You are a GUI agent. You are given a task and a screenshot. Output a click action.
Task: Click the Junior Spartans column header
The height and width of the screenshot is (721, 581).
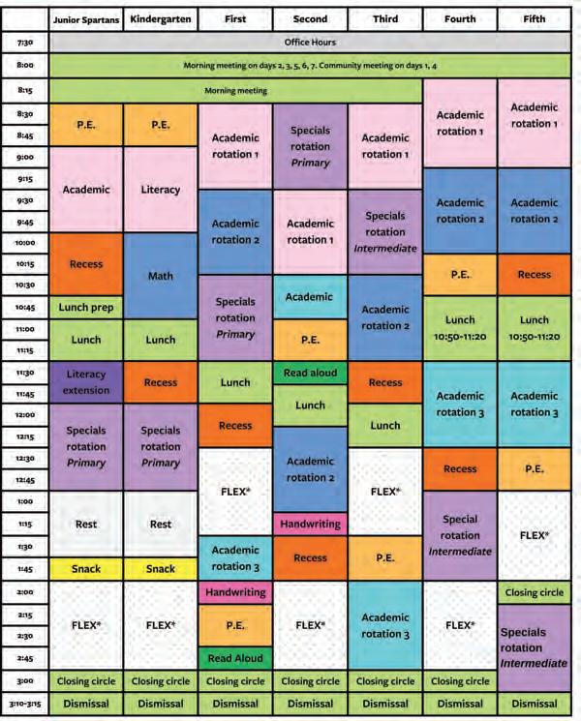coord(86,19)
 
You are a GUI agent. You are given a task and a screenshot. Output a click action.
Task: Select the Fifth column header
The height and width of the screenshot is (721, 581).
coord(535,19)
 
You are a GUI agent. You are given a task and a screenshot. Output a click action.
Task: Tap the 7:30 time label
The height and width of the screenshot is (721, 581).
coord(25,43)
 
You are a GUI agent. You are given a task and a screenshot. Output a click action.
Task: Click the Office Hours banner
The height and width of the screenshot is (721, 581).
coord(310,43)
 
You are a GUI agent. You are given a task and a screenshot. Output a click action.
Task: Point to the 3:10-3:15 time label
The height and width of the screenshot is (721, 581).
coord(25,704)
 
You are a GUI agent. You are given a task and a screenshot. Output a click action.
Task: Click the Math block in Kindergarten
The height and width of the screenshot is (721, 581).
coord(161,276)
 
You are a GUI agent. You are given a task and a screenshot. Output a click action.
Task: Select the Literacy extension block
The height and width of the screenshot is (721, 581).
coord(86,382)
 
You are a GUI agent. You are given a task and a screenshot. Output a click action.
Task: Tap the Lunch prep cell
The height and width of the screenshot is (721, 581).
coord(86,307)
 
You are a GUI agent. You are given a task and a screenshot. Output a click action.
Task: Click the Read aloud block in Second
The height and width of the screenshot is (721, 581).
coord(310,373)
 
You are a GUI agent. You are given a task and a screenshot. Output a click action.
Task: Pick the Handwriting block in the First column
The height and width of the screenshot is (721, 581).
coord(235,592)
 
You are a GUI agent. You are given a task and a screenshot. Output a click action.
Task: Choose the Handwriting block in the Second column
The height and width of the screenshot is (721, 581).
coord(310,524)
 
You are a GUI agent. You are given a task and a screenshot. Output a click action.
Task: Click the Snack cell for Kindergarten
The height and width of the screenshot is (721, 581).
coord(161,569)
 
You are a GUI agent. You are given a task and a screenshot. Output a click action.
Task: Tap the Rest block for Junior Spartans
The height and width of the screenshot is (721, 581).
coord(86,525)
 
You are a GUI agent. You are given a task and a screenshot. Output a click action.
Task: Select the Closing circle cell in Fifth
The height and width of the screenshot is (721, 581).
coord(535,592)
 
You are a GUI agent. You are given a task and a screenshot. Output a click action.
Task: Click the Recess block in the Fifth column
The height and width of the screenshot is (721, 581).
coord(535,275)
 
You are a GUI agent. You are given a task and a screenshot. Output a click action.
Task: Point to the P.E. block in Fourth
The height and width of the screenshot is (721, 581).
coord(460,275)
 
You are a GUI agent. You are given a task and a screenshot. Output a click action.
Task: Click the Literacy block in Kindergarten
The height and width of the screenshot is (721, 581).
coord(161,190)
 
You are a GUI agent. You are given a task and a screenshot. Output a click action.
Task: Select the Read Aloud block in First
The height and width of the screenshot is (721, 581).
coord(235,658)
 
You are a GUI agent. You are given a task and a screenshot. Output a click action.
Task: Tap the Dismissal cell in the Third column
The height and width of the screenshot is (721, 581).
coord(385,704)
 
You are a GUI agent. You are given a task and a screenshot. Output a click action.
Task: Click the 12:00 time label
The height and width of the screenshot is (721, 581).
coord(25,415)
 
